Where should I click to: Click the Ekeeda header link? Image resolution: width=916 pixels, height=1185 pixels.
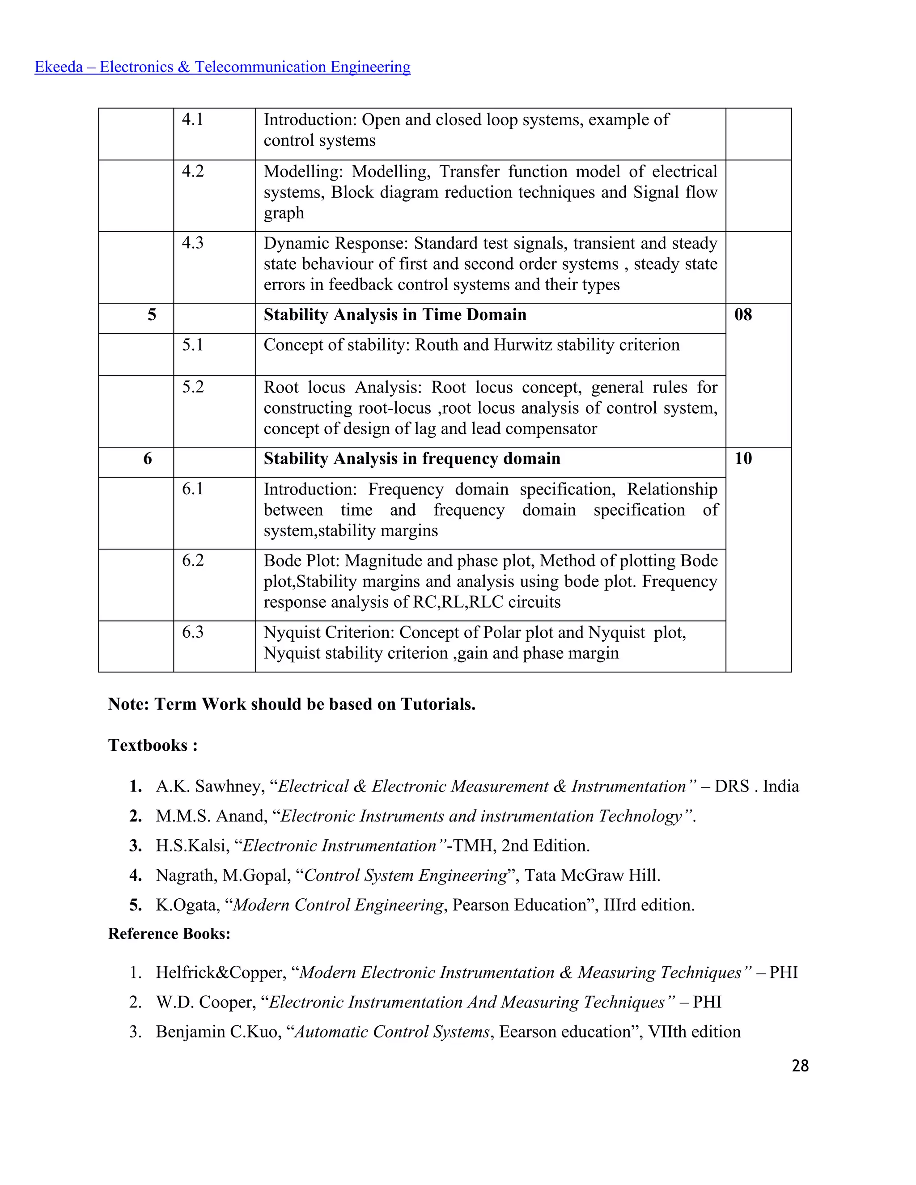click(x=222, y=67)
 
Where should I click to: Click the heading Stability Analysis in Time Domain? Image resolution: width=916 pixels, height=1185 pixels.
click(x=394, y=315)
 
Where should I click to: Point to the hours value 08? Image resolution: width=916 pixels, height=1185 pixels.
click(x=743, y=315)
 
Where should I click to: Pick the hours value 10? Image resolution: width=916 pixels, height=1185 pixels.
click(x=743, y=458)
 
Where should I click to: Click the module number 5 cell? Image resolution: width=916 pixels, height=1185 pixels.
click(x=152, y=315)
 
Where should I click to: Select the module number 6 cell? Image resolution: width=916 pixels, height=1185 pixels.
click(x=148, y=458)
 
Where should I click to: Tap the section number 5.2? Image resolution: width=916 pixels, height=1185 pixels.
click(x=193, y=387)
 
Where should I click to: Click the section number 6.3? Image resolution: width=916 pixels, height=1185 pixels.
click(x=193, y=632)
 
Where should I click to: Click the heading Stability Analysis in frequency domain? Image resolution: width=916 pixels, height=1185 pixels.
click(x=412, y=458)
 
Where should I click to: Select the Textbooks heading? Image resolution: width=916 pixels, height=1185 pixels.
click(x=153, y=745)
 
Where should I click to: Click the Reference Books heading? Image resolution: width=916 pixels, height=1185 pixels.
click(x=170, y=933)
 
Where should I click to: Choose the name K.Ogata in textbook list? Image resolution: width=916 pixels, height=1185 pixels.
click(x=187, y=905)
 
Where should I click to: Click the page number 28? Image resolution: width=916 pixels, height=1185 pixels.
click(x=800, y=1066)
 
